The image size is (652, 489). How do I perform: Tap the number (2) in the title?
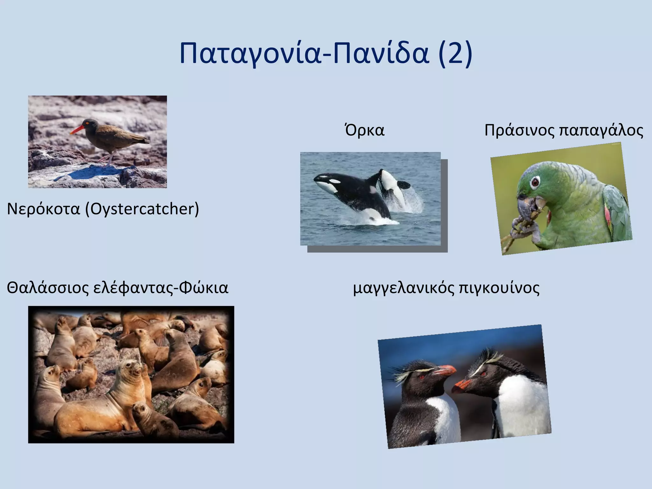pos(455,53)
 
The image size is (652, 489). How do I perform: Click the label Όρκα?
pos(365,130)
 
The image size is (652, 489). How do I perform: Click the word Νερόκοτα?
pos(43,209)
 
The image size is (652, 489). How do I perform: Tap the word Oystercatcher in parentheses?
pos(142,209)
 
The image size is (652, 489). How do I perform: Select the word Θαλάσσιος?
pos(47,287)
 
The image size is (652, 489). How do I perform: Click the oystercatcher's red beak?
pos(77,130)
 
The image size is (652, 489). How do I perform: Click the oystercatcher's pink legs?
pos(108,159)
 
